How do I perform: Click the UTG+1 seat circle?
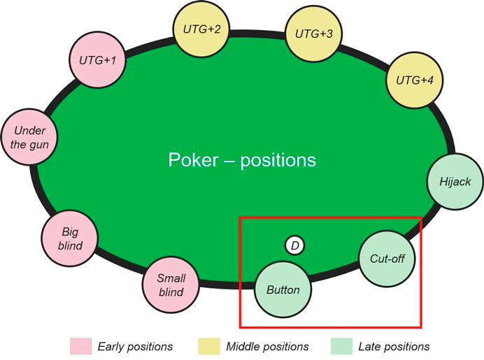click(99, 60)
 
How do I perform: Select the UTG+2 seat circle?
click(201, 29)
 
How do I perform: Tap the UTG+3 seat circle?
click(313, 34)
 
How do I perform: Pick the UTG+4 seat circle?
click(415, 80)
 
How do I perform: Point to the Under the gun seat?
click(29, 137)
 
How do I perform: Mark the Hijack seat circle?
click(455, 182)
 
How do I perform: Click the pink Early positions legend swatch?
click(80, 346)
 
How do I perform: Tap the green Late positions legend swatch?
click(340, 346)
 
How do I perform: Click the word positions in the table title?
click(278, 161)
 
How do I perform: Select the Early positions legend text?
click(135, 346)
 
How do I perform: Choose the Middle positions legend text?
click(267, 346)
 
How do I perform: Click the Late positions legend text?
click(394, 346)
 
